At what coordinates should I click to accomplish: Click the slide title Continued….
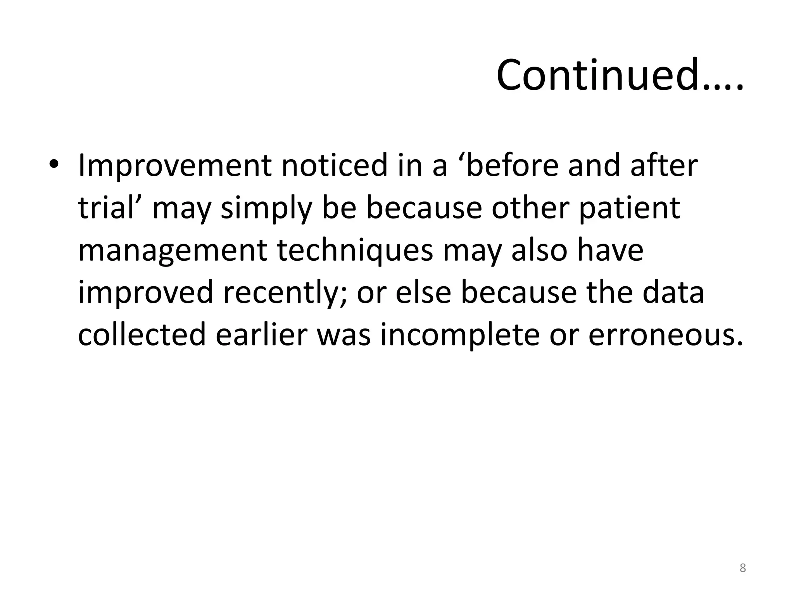[x=620, y=75]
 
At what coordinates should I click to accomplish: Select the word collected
[x=142, y=334]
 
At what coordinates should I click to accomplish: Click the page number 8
[x=742, y=568]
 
